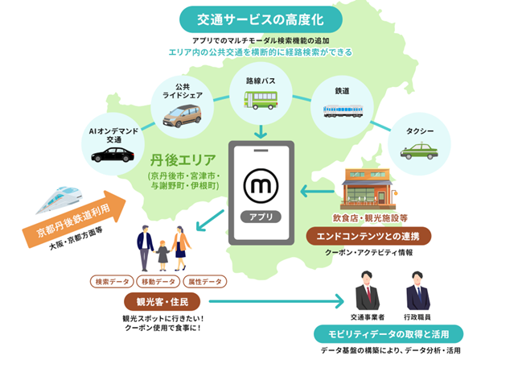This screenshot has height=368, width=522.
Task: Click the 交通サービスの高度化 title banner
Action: click(261, 18)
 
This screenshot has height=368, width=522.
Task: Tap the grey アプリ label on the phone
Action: click(261, 216)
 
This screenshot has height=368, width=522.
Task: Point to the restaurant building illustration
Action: click(369, 192)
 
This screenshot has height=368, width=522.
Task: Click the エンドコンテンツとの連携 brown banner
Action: click(369, 235)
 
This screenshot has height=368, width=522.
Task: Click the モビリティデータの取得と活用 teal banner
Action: click(388, 334)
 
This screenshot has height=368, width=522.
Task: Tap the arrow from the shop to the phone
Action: click(319, 192)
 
